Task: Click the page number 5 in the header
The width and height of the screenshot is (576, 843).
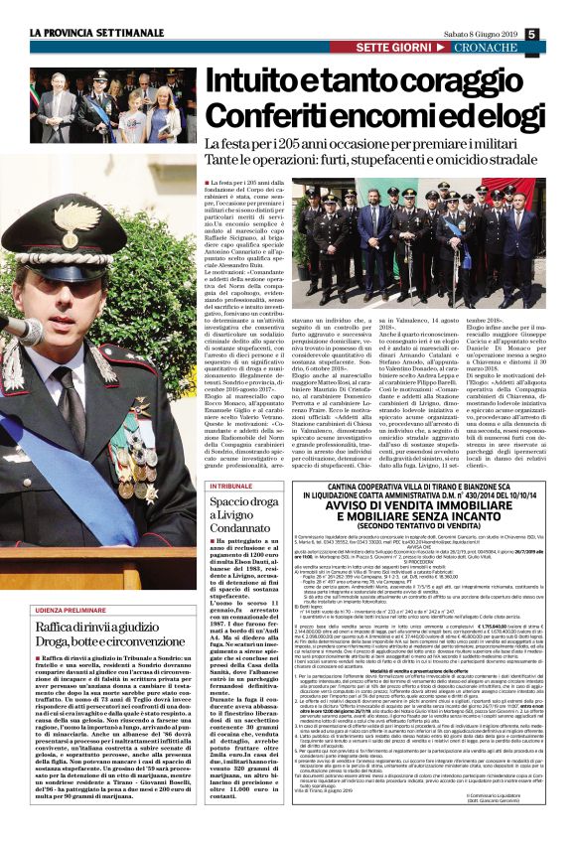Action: tap(560, 36)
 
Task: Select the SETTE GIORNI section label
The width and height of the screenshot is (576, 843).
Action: tap(393, 49)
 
